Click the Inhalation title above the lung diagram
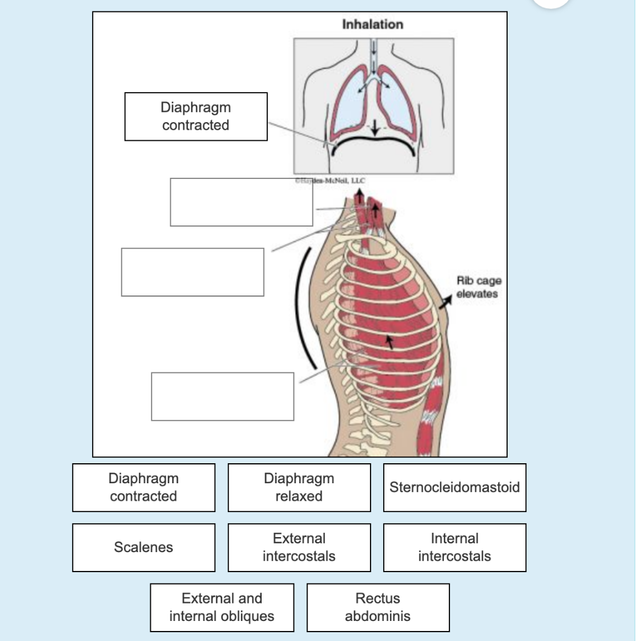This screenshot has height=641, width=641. pos(372,24)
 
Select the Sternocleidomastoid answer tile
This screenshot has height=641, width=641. pos(454,487)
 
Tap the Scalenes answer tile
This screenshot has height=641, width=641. pos(143,547)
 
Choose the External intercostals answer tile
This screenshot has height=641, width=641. pos(299,547)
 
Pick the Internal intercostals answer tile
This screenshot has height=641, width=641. pos(454,547)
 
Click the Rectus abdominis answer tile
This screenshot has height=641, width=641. pos(377,607)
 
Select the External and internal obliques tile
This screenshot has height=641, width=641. pos(222,607)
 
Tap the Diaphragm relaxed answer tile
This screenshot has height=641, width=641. pos(299,487)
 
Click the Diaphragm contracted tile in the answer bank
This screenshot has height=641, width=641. pos(143,487)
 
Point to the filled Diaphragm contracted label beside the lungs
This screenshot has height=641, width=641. pos(196,116)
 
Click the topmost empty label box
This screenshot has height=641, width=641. pos(241,202)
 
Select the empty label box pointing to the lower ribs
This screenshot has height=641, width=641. pos(222,396)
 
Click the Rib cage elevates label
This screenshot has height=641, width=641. pos(478,287)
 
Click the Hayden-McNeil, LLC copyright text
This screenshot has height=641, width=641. pos(331,180)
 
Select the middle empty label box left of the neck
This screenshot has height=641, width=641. pos(192,272)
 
